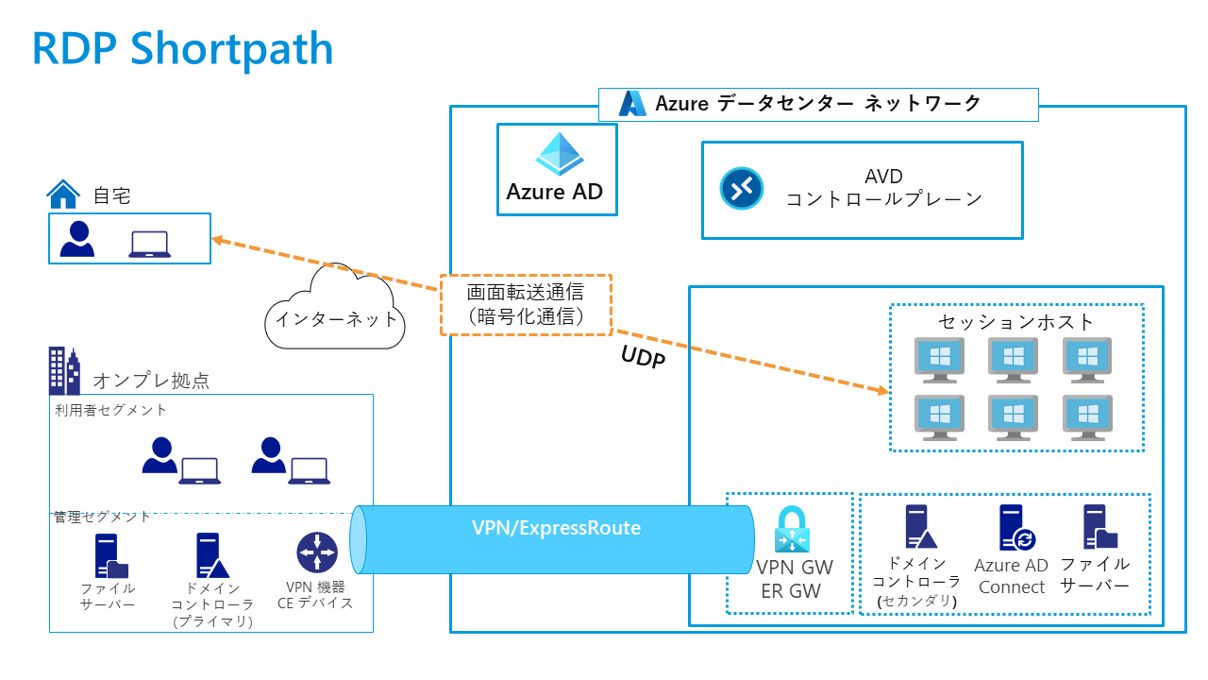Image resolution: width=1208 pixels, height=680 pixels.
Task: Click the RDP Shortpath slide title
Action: (183, 49)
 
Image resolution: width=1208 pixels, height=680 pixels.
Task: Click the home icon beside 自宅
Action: (63, 195)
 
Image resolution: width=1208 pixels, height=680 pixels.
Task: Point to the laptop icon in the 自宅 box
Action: (149, 244)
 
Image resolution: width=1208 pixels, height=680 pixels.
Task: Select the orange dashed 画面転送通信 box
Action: (526, 305)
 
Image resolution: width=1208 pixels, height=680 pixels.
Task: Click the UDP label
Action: (644, 357)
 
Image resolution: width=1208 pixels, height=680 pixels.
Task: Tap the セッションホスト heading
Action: (1016, 322)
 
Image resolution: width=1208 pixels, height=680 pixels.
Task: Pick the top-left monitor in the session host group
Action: (939, 360)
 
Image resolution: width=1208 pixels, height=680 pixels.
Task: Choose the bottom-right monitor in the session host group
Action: (1087, 416)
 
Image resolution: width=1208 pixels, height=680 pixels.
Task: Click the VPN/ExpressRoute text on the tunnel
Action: (556, 528)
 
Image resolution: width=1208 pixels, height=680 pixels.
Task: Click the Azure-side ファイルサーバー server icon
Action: (1099, 527)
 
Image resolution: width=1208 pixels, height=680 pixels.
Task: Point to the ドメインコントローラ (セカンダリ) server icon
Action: (918, 527)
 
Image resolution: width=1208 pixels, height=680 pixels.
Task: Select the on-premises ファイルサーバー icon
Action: (110, 556)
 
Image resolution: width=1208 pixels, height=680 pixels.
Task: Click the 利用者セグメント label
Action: (111, 409)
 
